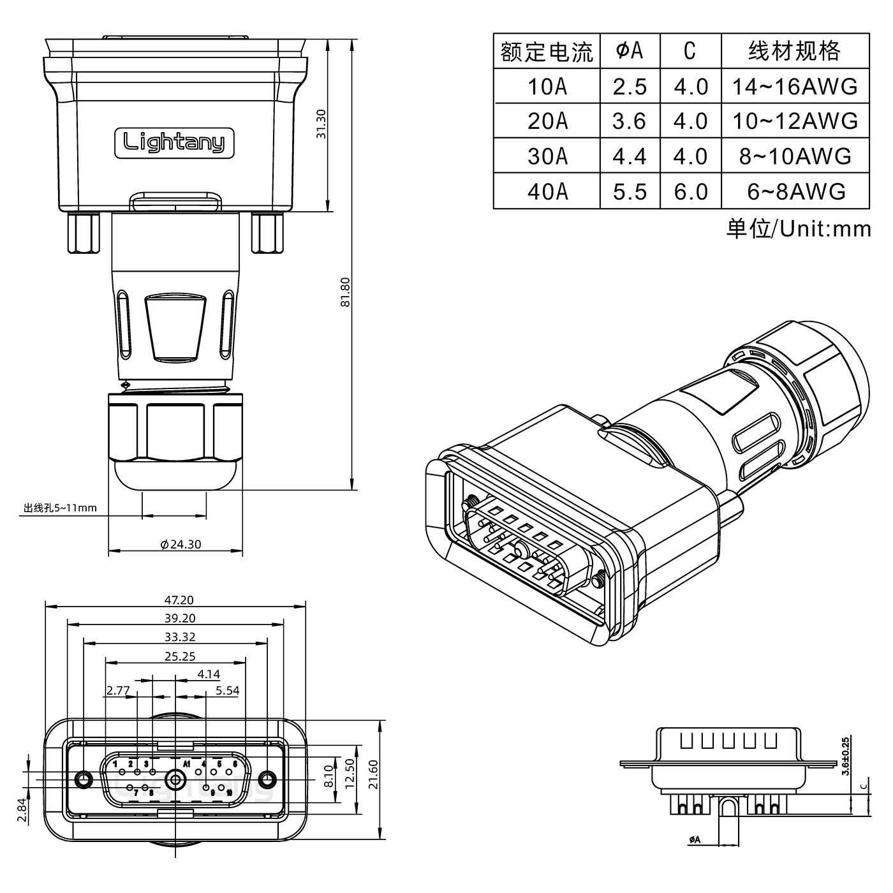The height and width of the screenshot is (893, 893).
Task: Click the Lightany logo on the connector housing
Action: click(173, 142)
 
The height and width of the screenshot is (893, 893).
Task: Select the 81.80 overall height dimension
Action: click(345, 292)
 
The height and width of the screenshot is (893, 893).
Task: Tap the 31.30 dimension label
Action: click(321, 124)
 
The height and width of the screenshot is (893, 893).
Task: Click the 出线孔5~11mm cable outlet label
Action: click(60, 508)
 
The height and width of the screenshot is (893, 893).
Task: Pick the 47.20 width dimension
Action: click(179, 600)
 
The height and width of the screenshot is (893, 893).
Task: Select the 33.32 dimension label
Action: click(179, 637)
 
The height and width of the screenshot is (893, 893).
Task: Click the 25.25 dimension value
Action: click(179, 656)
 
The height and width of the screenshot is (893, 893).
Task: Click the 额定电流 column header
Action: click(547, 52)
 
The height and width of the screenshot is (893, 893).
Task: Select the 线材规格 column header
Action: click(794, 51)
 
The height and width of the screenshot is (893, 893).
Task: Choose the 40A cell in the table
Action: click(547, 191)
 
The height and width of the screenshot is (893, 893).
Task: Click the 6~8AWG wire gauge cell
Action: click(795, 191)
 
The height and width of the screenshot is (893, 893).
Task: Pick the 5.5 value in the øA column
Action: click(629, 191)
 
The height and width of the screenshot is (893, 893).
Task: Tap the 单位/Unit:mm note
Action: click(798, 228)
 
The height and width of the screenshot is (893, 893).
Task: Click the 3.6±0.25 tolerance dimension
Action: click(846, 756)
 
